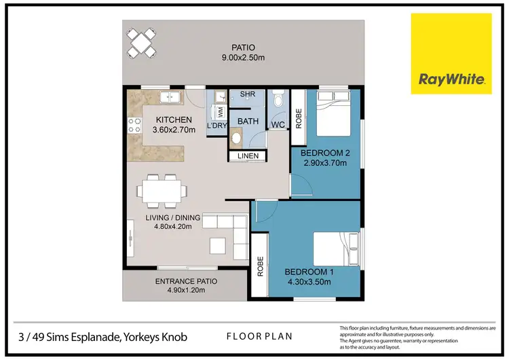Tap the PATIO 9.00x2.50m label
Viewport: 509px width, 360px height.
pyautogui.click(x=242, y=53)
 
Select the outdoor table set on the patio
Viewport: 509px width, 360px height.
pyautogui.click(x=144, y=42)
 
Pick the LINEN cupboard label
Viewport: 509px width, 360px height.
pyautogui.click(x=247, y=158)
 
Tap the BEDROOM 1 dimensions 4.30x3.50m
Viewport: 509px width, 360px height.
pyautogui.click(x=309, y=282)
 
